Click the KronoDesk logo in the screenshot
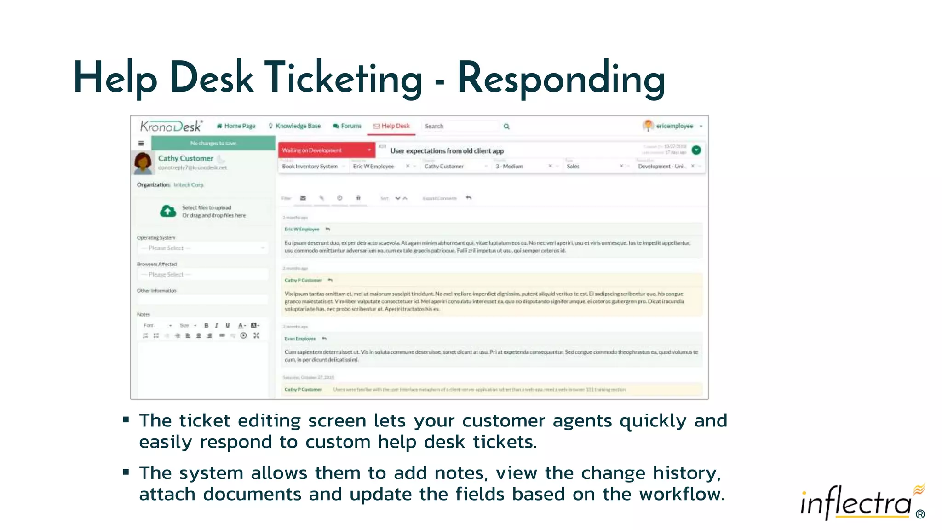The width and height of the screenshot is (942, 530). (x=171, y=126)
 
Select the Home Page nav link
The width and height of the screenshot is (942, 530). (x=236, y=126)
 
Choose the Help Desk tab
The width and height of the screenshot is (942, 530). (x=391, y=126)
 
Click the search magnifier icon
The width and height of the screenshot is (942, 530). (x=506, y=127)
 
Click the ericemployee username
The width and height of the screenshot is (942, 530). (x=674, y=126)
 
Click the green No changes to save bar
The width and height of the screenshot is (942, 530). (x=213, y=143)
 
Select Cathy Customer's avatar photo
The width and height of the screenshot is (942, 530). (x=143, y=163)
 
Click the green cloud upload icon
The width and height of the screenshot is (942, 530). (x=168, y=211)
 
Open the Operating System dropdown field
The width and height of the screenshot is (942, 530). (x=203, y=248)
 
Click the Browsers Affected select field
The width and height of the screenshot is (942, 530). (x=203, y=275)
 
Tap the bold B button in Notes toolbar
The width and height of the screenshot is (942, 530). (x=206, y=325)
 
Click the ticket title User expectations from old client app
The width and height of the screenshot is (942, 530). (x=447, y=151)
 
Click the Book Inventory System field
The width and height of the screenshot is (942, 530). (x=310, y=167)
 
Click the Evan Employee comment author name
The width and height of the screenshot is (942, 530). (x=300, y=339)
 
